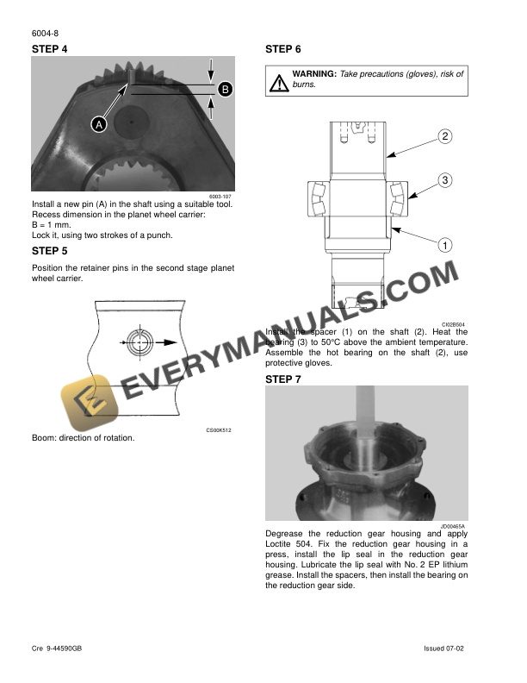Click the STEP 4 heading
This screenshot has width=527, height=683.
point(50,49)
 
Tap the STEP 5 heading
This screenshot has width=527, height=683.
point(50,251)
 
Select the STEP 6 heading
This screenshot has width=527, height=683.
point(283,49)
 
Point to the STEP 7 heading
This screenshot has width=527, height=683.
point(283,379)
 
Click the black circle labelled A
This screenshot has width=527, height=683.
point(99,125)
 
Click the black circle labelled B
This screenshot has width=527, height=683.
point(225,90)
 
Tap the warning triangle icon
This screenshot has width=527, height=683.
point(279,83)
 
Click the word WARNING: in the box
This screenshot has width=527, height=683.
point(314,74)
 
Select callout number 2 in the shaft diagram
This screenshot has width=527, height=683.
point(445,136)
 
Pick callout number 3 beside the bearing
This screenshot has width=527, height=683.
point(445,180)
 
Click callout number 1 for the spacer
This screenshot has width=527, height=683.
point(445,245)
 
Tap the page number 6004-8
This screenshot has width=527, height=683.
point(46,34)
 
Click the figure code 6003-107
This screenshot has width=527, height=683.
point(220,197)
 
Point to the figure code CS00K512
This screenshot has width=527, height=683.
point(219,430)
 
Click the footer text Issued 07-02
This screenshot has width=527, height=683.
point(444,649)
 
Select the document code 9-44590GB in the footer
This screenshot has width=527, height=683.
point(64,649)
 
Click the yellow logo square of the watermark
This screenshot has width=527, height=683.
point(90,403)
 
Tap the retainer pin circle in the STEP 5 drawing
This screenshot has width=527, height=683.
point(139,342)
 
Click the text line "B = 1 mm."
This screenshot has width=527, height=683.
point(52,225)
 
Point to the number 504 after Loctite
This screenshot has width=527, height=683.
point(305,544)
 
